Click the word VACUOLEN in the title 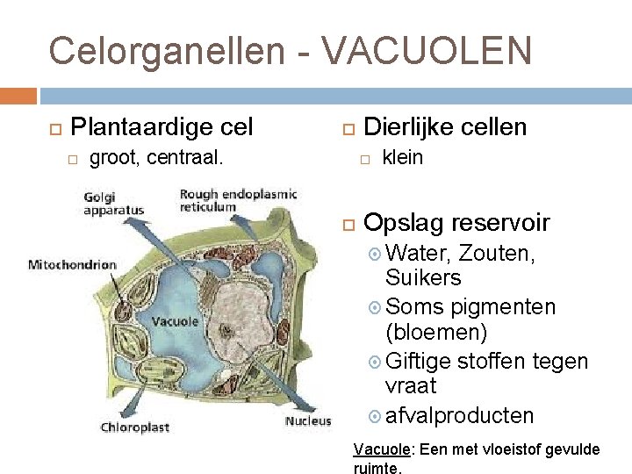pos(427,50)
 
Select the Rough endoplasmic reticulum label pos(238,200)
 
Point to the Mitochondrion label pos(72,264)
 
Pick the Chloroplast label pos(135,428)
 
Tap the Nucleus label pos(307,420)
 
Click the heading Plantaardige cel pos(161,127)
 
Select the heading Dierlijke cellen pos(445,127)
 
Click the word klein pos(403,158)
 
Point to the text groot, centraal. pos(156,158)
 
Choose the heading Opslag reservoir pos(456,222)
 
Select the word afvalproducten pos(459,414)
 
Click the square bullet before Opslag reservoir pos(348,223)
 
